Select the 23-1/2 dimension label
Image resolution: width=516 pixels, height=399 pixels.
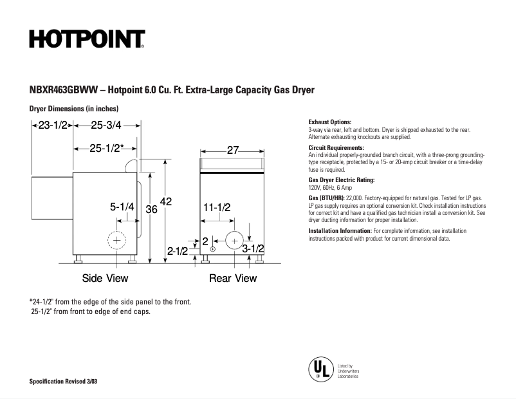(x=53, y=125)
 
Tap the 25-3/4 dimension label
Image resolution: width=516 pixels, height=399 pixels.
(x=106, y=125)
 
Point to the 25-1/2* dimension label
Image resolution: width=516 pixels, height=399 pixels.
(x=107, y=148)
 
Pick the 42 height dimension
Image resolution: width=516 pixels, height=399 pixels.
(x=166, y=202)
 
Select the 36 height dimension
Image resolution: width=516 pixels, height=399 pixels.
(x=151, y=209)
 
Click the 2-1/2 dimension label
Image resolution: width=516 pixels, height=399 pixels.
(x=178, y=251)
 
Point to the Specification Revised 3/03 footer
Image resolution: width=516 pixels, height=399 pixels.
(x=64, y=382)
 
